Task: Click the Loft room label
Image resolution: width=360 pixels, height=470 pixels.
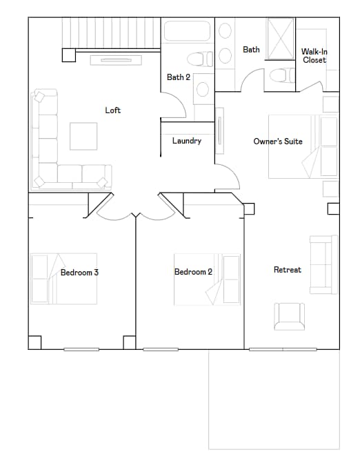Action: (x=113, y=110)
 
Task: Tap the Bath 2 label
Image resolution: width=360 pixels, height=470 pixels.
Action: (x=178, y=77)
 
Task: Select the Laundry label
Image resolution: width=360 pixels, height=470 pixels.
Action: (x=186, y=141)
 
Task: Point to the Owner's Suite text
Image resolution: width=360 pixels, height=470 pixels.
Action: (x=278, y=141)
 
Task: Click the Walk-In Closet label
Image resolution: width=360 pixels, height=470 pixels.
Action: (x=314, y=56)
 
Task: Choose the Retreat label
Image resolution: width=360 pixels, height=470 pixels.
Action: (x=287, y=270)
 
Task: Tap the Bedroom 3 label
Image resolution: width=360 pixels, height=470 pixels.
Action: (x=79, y=273)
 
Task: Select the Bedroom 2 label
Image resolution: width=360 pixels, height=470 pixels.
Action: (x=193, y=272)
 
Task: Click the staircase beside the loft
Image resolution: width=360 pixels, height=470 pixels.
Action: (x=110, y=33)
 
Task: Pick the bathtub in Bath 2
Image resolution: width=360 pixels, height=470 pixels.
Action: (x=186, y=31)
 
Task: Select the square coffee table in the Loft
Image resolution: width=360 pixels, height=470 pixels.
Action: (x=83, y=136)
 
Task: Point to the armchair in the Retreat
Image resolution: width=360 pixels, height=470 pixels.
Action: (x=289, y=317)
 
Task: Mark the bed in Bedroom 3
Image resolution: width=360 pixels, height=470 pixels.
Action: (x=62, y=280)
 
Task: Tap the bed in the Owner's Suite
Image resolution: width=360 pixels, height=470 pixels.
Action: (x=303, y=146)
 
